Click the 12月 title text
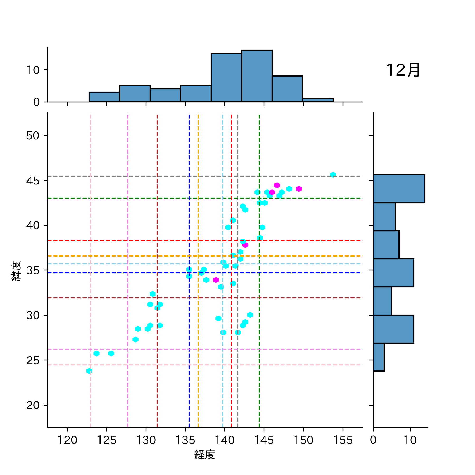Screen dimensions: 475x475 [403, 70]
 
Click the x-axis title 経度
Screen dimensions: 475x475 [205, 455]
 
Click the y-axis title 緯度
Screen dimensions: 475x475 [16, 271]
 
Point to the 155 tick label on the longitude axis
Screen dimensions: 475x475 [343, 440]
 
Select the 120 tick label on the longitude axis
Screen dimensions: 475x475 [67, 440]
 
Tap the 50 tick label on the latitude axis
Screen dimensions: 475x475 [33, 136]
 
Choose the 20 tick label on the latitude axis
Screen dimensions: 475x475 [33, 405]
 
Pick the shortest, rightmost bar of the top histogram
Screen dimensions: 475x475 [318, 100]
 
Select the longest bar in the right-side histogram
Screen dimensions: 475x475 [399, 189]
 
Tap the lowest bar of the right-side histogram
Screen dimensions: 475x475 [378, 357]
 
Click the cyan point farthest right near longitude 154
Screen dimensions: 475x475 [333, 175]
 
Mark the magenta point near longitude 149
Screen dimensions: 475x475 [299, 189]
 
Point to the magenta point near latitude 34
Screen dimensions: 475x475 [216, 280]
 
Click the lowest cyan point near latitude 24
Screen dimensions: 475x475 [89, 371]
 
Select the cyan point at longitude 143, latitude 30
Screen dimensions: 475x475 [250, 315]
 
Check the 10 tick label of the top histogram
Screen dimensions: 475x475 [33, 70]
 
